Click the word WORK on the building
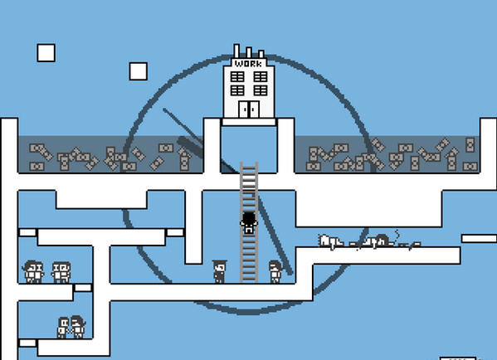249,63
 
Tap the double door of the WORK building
249,109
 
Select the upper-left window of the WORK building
237,76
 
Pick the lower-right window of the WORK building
261,90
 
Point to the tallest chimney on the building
236,51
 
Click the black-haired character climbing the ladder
249,222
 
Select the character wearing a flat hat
219,271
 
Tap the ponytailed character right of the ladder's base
275,271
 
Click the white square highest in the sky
46,52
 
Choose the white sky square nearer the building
139,71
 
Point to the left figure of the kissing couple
63,328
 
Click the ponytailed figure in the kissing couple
78,327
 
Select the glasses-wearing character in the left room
61,272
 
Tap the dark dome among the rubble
382,240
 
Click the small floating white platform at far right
479,238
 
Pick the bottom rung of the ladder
249,279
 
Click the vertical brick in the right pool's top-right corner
470,144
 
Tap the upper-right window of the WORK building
261,76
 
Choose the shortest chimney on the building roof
261,54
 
